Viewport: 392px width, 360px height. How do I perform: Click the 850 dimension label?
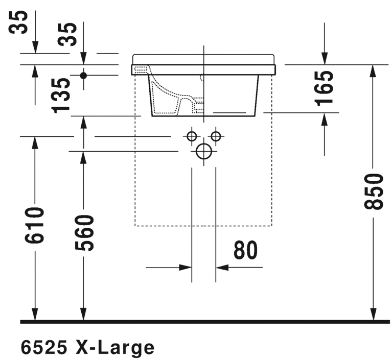pyautogui.click(x=374, y=191)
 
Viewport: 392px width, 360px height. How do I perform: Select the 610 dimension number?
pyautogui.click(x=35, y=225)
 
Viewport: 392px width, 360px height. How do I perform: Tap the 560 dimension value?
pyautogui.click(x=84, y=232)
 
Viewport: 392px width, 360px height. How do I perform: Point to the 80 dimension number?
pyautogui.click(x=245, y=250)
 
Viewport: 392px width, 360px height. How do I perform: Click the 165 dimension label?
pyautogui.click(x=324, y=89)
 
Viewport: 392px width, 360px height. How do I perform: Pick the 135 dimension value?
pyautogui.click(x=60, y=95)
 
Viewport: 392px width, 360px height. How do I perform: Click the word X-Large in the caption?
pyautogui.click(x=116, y=348)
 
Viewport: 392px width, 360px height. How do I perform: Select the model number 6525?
pyautogui.click(x=44, y=348)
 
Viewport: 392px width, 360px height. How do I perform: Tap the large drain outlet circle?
pyautogui.click(x=204, y=151)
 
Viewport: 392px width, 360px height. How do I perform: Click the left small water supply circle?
pyautogui.click(x=192, y=136)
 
